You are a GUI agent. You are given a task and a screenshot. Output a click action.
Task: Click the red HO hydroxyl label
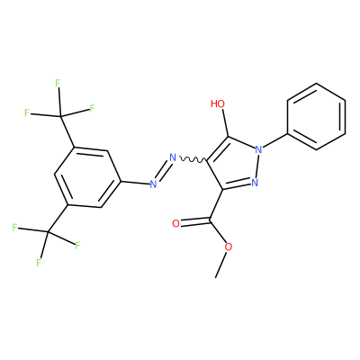coord(218,103)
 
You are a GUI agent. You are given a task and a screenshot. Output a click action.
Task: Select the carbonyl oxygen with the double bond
coord(176,223)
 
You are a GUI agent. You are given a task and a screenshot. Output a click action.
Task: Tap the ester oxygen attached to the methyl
coord(229,247)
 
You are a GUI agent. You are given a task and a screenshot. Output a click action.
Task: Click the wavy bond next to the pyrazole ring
coord(193,158)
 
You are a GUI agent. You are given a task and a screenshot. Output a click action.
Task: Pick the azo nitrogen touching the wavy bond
coord(173,157)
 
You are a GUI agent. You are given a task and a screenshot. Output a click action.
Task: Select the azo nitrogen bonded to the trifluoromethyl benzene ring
coord(153,184)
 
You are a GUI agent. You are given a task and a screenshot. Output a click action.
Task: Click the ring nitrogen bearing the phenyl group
coord(258,149)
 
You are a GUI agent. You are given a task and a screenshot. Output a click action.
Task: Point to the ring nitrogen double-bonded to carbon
coord(255,183)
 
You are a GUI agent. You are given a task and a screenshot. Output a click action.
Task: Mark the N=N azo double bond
coord(163,171)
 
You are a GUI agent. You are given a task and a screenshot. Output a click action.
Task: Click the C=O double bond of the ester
coord(195,222)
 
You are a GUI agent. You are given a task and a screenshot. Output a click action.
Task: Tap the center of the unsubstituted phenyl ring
coord(316,116)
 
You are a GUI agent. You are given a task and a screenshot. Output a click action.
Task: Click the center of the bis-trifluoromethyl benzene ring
coord(87,177)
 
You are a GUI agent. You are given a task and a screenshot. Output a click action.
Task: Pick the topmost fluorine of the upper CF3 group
coord(58,83)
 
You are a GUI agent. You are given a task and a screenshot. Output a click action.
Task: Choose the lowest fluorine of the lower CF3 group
coord(39,263)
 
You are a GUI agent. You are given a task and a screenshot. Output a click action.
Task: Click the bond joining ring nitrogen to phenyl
coord(274,140)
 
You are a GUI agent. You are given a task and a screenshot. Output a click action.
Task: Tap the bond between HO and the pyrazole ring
coord(225,123)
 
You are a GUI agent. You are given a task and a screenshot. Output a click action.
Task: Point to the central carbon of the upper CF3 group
coord(61,116)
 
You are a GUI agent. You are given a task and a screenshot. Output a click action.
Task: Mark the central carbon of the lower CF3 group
coord(48,231)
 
